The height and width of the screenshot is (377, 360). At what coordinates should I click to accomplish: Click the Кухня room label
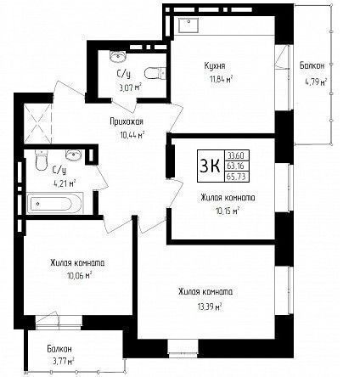point(215,66)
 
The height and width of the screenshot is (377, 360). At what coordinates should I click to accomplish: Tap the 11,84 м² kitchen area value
point(221,79)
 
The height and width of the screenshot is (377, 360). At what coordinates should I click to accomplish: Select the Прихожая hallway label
point(127,121)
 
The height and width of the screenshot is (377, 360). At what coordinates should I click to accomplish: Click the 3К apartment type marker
point(210,166)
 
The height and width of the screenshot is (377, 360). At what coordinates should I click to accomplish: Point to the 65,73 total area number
point(236,177)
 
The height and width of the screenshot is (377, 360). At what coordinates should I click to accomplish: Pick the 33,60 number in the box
point(236,155)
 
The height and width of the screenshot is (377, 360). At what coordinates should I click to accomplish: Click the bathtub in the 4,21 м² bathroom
point(55,203)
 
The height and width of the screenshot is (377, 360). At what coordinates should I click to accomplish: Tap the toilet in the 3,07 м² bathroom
point(155,73)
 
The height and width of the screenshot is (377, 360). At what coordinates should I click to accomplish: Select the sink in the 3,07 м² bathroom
point(117,57)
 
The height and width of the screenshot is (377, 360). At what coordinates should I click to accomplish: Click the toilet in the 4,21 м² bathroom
point(41,160)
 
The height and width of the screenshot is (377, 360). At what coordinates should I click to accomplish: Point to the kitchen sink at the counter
point(188,25)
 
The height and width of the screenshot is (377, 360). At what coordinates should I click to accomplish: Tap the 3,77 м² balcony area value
point(61,361)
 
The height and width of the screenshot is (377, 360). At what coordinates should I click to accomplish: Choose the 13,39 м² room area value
point(209,307)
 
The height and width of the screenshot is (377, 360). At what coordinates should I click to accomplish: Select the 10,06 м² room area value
point(79,275)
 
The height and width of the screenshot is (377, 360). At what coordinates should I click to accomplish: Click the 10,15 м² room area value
point(227,211)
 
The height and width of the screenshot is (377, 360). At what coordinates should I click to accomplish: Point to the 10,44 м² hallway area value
point(132,135)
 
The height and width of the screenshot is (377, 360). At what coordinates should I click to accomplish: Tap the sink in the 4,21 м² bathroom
point(74,155)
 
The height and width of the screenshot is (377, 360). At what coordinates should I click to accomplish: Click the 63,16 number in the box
point(236,166)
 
